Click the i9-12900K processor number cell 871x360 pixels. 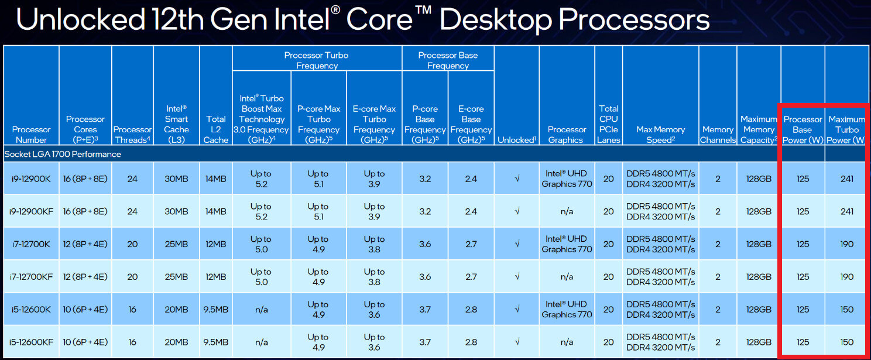[31, 179]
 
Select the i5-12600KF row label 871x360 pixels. [31, 342]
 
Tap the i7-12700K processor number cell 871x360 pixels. [31, 244]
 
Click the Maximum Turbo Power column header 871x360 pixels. [846, 129]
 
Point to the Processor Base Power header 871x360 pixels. [803, 129]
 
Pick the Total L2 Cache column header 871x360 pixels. [215, 129]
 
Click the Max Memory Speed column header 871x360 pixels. [660, 135]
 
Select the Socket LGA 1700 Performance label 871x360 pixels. [63, 155]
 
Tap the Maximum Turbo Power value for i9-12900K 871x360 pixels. [846, 179]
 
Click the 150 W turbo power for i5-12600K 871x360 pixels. [846, 310]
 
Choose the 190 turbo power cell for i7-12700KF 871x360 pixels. [846, 277]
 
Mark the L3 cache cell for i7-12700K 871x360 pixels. [176, 244]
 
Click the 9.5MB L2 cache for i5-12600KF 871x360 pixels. [215, 342]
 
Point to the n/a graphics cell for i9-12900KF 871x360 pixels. [567, 211]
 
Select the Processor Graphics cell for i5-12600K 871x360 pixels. [567, 310]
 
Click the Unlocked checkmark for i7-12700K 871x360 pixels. [516, 244]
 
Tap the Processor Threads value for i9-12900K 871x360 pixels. [132, 179]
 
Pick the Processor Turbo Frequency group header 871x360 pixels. [316, 60]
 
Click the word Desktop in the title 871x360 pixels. [495, 20]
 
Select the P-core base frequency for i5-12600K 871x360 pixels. [425, 310]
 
